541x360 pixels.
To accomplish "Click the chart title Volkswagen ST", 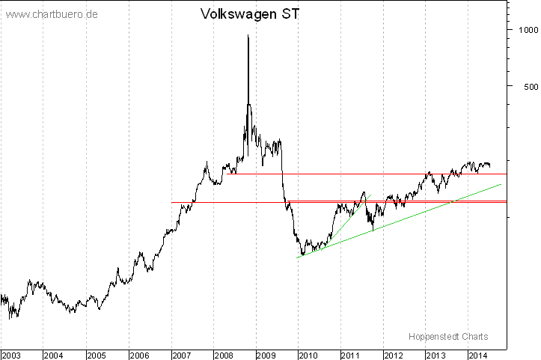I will pos(250,14).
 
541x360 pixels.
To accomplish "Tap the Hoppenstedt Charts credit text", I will pos(448,336).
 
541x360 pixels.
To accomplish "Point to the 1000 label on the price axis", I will pos(521,30).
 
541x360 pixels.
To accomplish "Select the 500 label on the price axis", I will pos(524,86).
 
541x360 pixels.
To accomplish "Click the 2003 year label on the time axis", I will pos(11,354).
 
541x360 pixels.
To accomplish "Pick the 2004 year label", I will pos(54,354).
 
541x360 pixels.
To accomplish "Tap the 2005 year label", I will pos(97,354).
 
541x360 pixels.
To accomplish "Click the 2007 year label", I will pos(183,354).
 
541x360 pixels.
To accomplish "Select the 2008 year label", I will pos(224,354).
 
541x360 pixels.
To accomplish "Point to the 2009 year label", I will pos(266,354).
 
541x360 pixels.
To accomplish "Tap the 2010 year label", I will pos(309,354).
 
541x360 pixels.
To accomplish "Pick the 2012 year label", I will pos(394,354).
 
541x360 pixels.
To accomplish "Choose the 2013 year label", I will pos(436,354).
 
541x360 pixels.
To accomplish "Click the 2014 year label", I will pos(478,354).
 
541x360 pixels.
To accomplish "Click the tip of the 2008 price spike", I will pos(248,35).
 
